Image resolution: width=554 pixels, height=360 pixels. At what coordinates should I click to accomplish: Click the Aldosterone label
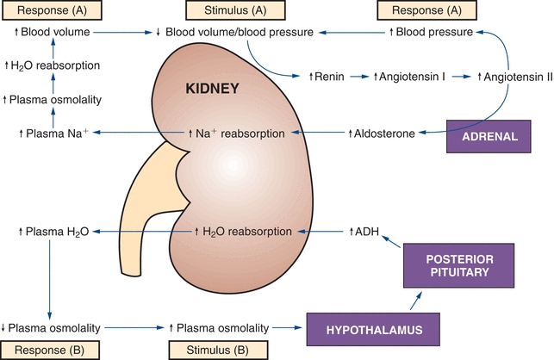tap(383, 133)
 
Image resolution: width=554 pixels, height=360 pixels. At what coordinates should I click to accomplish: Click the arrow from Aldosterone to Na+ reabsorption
tap(320, 133)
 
